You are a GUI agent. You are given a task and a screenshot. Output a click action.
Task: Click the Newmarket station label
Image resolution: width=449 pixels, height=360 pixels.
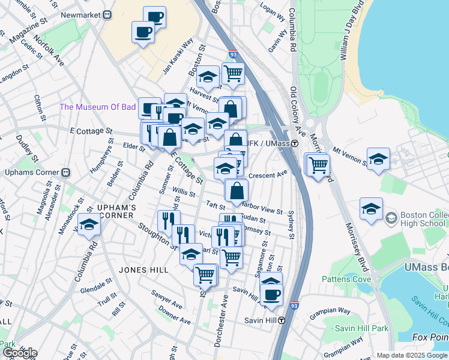[x=82, y=14]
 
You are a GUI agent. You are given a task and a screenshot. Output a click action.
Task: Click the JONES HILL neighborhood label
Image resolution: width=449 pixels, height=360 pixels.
[x=143, y=270]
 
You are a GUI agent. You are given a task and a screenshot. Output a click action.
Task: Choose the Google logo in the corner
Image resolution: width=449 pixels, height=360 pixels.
[x=19, y=353]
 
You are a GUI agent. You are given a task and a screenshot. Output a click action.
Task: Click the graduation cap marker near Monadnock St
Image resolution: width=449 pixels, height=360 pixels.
[x=89, y=225]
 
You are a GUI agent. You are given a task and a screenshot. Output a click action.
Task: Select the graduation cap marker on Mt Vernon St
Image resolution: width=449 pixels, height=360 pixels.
[x=378, y=158]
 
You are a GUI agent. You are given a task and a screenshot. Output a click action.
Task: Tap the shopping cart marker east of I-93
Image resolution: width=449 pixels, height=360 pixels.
[x=318, y=164]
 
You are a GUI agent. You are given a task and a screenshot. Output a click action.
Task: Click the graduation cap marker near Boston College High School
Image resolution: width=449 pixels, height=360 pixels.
[x=371, y=209]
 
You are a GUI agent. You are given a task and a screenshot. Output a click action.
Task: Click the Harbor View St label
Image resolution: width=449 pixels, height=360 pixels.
[x=262, y=211]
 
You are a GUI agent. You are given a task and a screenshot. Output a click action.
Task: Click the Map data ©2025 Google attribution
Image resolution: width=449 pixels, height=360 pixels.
[x=411, y=355]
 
